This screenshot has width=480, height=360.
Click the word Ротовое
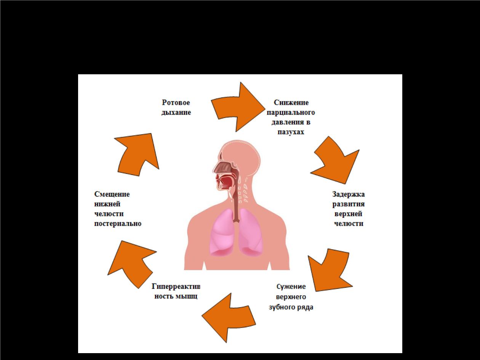pyautogui.click(x=176, y=102)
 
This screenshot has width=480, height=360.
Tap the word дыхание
pyautogui.click(x=176, y=112)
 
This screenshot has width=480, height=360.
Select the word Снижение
pyautogui.click(x=291, y=102)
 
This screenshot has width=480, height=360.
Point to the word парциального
pyautogui.click(x=291, y=112)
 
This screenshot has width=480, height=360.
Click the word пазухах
pyautogui.click(x=291, y=132)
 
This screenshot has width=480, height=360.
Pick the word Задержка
pyautogui.click(x=348, y=194)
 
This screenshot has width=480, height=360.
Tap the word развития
pyautogui.click(x=348, y=204)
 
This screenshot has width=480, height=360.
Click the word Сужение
pyautogui.click(x=291, y=286)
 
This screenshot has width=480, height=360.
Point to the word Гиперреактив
pyautogui.click(x=176, y=286)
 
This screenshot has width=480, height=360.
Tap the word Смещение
pyautogui.click(x=112, y=194)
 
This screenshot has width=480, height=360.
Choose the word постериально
pyautogui.click(x=118, y=224)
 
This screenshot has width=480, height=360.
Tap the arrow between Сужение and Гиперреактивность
pyautogui.click(x=229, y=318)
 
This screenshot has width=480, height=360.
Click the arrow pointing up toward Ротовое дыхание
pyautogui.click(x=137, y=154)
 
